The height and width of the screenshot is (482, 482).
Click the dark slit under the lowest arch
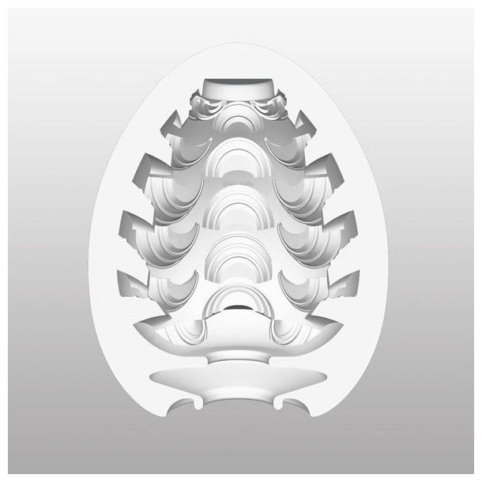[241, 306]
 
